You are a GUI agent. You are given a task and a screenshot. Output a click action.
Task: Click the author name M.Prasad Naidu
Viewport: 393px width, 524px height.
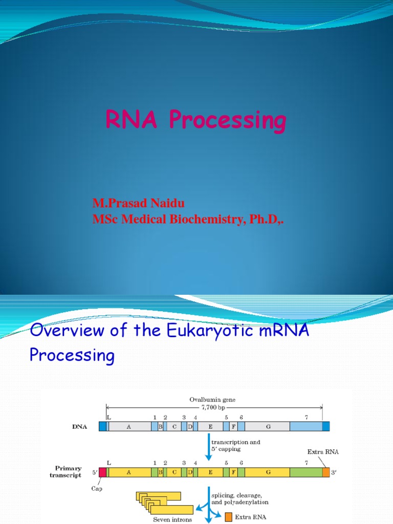tap(138, 204)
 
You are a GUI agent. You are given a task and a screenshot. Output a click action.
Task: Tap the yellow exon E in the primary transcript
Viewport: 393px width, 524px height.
tap(210, 472)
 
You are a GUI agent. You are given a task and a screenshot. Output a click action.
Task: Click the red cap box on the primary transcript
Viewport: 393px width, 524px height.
tap(102, 472)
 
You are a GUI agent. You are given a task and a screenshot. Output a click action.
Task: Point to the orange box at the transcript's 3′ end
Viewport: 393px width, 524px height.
tap(326, 472)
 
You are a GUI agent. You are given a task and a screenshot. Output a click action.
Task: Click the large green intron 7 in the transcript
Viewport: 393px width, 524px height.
tap(305, 472)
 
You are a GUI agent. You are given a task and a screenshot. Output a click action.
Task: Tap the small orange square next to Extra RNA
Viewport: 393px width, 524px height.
tap(229, 517)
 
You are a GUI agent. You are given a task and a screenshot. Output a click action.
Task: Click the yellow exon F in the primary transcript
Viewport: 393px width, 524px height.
tap(233, 472)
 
